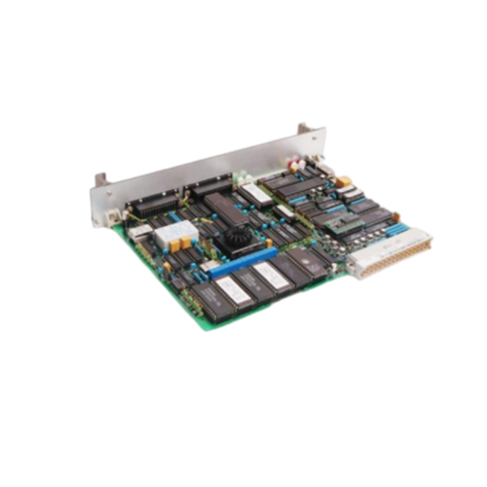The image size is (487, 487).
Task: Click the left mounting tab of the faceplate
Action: [x=100, y=181]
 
